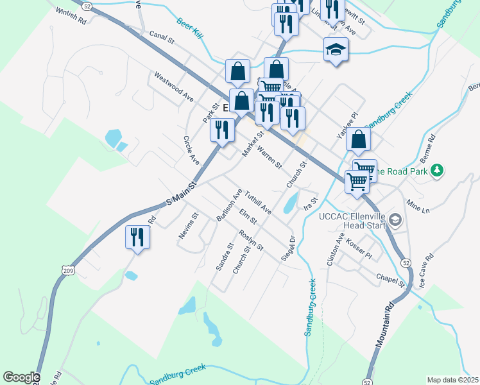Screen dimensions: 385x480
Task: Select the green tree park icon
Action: [437, 170]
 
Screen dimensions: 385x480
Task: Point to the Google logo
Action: [21, 377]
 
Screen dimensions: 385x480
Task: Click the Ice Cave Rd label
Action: [426, 270]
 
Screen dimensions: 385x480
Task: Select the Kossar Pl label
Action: [359, 250]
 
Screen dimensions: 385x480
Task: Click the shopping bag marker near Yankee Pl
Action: [359, 139]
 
